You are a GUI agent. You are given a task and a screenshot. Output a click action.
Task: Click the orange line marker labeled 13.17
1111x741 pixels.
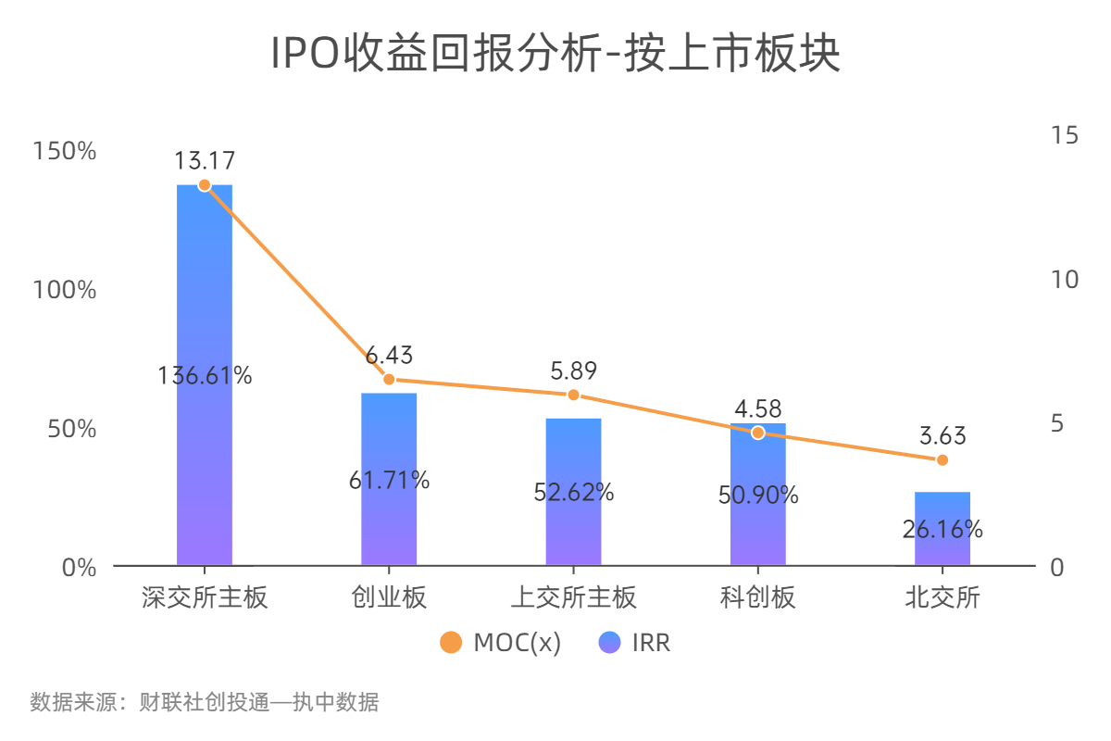[x=205, y=185]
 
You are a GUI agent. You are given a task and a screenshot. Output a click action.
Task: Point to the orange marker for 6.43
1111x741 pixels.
[x=389, y=379]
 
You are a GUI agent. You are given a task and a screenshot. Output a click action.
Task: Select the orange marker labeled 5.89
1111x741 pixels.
[x=573, y=395]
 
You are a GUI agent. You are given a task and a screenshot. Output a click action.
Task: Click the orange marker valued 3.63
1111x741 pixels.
[x=942, y=460]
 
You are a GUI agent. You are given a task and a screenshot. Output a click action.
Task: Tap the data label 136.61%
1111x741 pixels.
[x=205, y=376]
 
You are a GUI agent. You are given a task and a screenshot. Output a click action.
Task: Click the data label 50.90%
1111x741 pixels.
[x=758, y=496]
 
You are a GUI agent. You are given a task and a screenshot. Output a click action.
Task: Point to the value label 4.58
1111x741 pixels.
[x=758, y=408]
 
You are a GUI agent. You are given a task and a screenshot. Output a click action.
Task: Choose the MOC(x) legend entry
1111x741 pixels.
[x=501, y=643]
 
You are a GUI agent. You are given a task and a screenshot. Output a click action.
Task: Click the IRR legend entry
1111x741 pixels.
[x=635, y=643]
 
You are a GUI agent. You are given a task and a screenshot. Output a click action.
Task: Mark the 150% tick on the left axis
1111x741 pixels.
[x=65, y=150]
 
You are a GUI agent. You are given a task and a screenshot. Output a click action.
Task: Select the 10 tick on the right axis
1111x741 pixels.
[x=1066, y=279]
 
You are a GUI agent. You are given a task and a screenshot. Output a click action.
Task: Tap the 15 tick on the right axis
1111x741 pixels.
[x=1066, y=135]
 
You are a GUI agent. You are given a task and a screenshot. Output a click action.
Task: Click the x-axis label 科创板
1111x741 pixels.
[x=758, y=597]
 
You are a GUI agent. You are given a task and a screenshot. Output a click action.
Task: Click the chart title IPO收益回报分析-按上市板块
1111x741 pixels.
[x=555, y=54]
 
